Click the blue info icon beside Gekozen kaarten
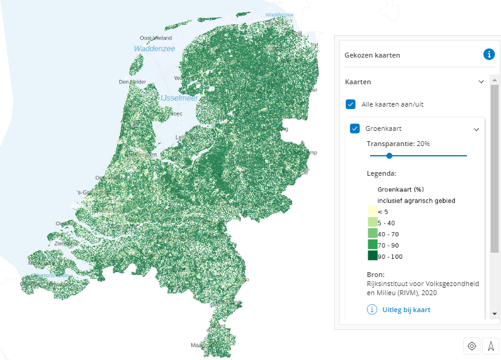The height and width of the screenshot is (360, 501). [489, 55]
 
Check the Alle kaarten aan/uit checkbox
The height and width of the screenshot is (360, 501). [351, 104]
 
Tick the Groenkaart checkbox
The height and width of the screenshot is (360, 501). [355, 128]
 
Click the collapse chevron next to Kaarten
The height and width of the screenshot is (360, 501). [481, 81]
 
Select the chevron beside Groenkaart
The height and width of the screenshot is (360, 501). [476, 129]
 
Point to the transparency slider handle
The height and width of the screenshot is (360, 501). [389, 156]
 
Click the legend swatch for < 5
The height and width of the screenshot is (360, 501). [372, 211]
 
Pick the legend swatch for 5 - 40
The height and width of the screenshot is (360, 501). [372, 222]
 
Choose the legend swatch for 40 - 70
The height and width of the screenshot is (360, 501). [372, 233]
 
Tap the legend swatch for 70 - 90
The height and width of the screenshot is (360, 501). [372, 244]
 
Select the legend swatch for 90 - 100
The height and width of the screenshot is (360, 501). [372, 256]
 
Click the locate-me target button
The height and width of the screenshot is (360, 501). [471, 346]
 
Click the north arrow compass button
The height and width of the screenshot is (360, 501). [491, 346]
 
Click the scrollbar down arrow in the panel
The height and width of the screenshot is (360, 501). [495, 313]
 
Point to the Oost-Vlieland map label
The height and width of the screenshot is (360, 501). [156, 37]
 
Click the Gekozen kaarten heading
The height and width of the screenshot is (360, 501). [372, 55]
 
